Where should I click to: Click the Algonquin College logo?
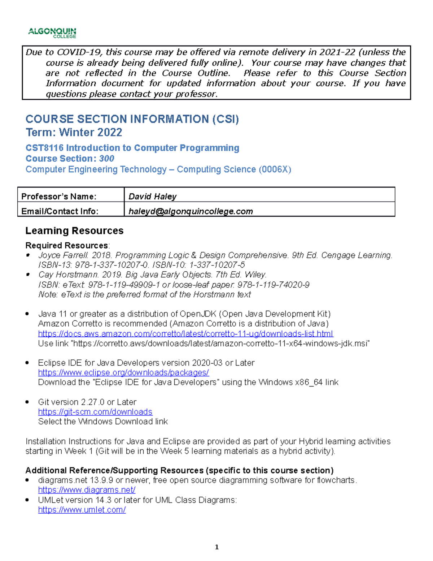[x=52, y=33]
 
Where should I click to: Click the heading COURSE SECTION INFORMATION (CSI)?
[x=132, y=119]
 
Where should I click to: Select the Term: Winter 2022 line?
[x=74, y=133]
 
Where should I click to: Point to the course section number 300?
[x=106, y=159]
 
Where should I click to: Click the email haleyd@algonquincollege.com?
[x=191, y=211]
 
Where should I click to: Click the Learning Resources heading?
[x=74, y=231]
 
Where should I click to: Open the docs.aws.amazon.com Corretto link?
[x=185, y=333]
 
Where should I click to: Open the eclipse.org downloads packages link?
[x=123, y=372]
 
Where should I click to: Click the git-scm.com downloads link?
[x=95, y=412]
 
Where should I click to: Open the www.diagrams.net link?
[x=87, y=490]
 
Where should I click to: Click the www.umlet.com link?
[x=82, y=510]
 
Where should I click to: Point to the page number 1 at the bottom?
[x=216, y=547]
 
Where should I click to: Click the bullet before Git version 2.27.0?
[x=27, y=402]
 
